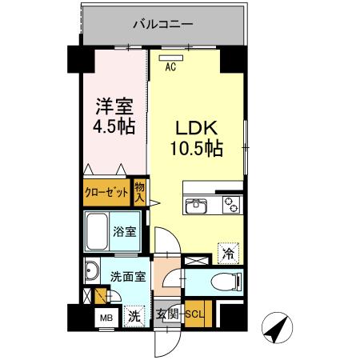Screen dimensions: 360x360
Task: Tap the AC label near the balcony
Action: (x=170, y=68)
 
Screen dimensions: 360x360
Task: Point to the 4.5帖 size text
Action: (x=110, y=126)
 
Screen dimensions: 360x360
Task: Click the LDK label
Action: (x=193, y=129)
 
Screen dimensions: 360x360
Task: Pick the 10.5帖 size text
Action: (x=195, y=149)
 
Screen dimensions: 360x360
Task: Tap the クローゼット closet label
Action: (x=107, y=192)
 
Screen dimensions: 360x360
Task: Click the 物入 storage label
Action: (x=139, y=193)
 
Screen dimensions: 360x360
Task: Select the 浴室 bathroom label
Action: (x=125, y=233)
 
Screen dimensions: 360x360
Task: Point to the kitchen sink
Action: (x=197, y=206)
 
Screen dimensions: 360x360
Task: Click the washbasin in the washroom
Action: (x=90, y=270)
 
